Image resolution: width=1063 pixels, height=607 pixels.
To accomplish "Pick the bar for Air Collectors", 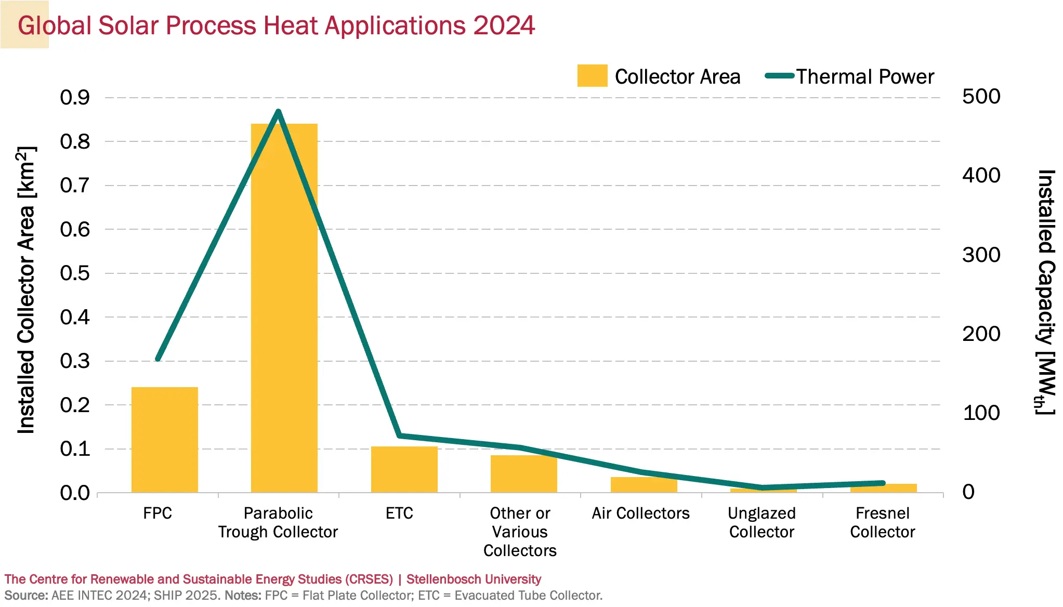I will pyautogui.click(x=644, y=485).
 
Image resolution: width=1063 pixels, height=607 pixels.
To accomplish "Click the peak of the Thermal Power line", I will pyautogui.click(x=278, y=112).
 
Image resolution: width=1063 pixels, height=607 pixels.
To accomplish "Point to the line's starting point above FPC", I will pyautogui.click(x=158, y=359).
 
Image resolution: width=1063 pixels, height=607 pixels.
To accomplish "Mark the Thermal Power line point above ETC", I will pyautogui.click(x=399, y=436).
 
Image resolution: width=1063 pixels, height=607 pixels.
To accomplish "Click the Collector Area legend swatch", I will pyautogui.click(x=592, y=76).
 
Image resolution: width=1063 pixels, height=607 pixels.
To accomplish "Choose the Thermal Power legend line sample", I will pyautogui.click(x=779, y=76).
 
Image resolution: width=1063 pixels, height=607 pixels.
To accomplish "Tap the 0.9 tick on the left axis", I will pyautogui.click(x=75, y=97).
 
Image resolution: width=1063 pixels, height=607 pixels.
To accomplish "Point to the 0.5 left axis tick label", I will pyautogui.click(x=75, y=273).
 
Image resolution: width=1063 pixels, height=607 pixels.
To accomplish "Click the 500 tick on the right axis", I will pyautogui.click(x=981, y=97).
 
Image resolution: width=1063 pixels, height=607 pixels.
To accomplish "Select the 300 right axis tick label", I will pyautogui.click(x=981, y=255).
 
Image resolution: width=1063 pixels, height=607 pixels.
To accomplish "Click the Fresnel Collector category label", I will pyautogui.click(x=882, y=522).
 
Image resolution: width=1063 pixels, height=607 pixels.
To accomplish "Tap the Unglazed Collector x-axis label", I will pyautogui.click(x=762, y=522).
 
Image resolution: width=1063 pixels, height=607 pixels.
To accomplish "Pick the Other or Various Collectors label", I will pyautogui.click(x=520, y=532).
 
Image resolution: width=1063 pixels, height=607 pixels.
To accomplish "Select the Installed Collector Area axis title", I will pyautogui.click(x=26, y=290).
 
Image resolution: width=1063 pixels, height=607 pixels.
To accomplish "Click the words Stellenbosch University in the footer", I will pyautogui.click(x=474, y=579).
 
